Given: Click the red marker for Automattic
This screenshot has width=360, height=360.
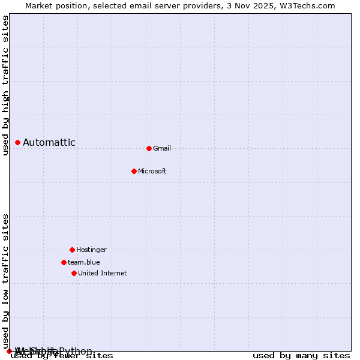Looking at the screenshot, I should [x=17, y=142].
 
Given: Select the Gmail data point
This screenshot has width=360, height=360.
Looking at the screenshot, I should [x=149, y=148].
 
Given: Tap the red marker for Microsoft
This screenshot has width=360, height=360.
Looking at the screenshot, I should [x=134, y=171].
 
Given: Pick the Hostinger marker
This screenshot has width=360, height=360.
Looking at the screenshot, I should [x=72, y=250].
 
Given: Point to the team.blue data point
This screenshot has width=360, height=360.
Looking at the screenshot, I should [x=64, y=262].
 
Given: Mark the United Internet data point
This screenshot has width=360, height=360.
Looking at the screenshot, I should [x=74, y=273].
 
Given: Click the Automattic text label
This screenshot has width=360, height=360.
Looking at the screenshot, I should [x=49, y=142].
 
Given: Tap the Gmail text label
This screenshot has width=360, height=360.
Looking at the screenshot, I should [x=162, y=148].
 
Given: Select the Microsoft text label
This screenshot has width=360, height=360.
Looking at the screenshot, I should [x=152, y=171].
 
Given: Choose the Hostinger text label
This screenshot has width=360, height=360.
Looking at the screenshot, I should [x=91, y=250].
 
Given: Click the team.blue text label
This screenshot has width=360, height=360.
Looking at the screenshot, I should [x=84, y=262].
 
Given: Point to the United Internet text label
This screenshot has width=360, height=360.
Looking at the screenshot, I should [x=103, y=273].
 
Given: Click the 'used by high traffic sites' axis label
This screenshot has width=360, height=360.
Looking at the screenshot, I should [x=5, y=86].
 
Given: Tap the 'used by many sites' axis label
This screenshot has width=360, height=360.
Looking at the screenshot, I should [x=301, y=355].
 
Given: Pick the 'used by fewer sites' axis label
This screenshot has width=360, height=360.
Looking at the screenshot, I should [x=62, y=355].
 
